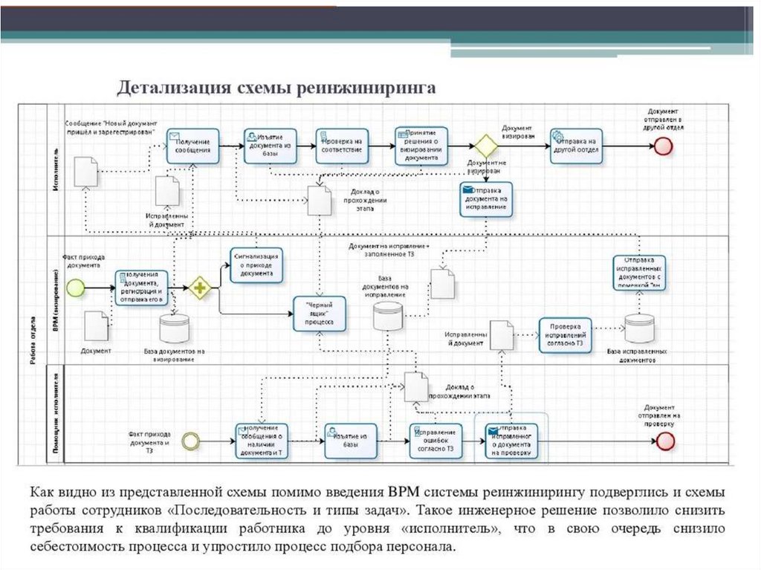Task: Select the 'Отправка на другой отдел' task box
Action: [x=576, y=145]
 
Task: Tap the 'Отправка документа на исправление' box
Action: [x=486, y=198]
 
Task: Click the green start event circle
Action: [x=75, y=288]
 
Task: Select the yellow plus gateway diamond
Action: [x=198, y=288]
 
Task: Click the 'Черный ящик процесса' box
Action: [x=319, y=314]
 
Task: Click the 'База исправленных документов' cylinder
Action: [x=638, y=329]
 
